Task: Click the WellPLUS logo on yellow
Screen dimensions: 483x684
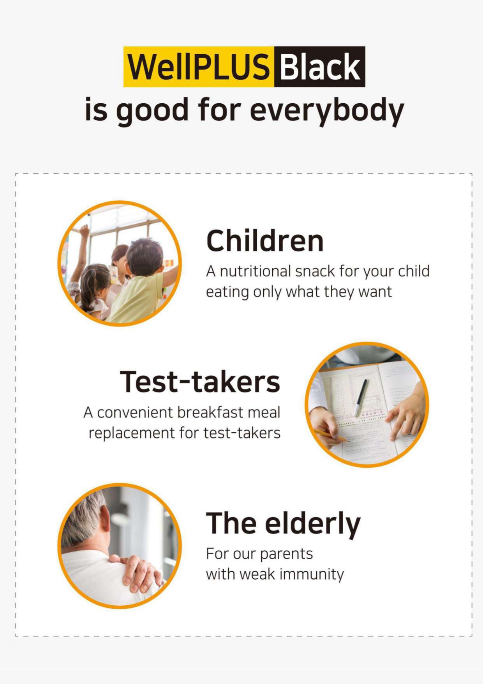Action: pyautogui.click(x=199, y=67)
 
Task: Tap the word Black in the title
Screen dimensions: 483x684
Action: pyautogui.click(x=320, y=67)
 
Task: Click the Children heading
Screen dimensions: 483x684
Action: pyautogui.click(x=265, y=240)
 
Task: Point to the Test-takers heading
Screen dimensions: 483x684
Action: pyautogui.click(x=200, y=382)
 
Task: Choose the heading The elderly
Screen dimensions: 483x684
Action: pyautogui.click(x=283, y=523)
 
